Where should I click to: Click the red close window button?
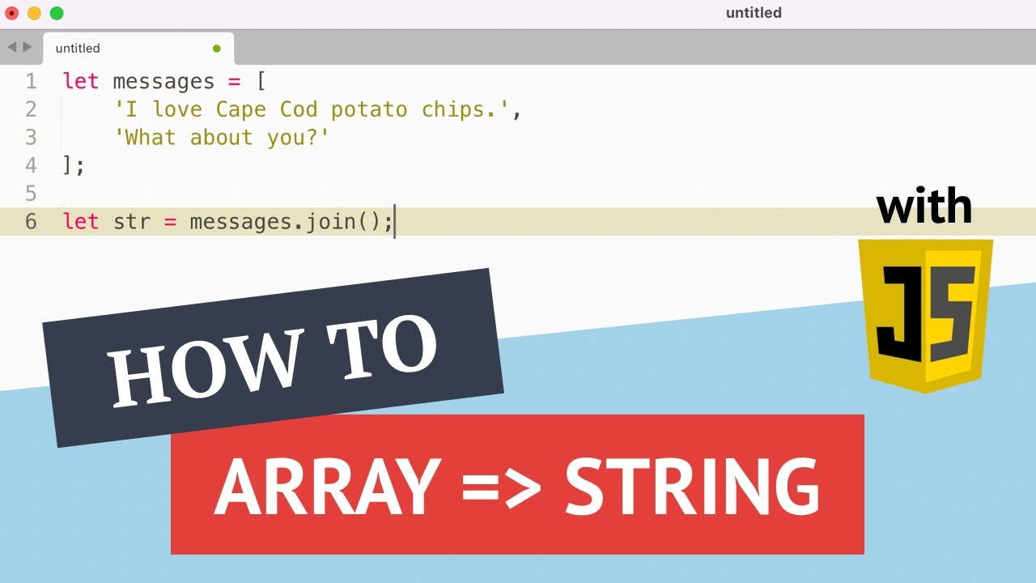(x=11, y=13)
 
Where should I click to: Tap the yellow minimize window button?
(x=34, y=13)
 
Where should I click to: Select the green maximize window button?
(x=57, y=13)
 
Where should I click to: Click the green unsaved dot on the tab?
(x=216, y=49)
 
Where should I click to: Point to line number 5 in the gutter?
(x=31, y=194)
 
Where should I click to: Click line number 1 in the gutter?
(x=31, y=81)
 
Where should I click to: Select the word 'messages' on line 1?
(x=163, y=81)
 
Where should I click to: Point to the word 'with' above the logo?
(x=924, y=207)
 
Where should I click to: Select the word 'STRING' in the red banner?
(x=692, y=487)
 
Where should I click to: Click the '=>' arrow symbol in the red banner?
(x=503, y=489)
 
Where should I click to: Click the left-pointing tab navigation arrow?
(x=11, y=48)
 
